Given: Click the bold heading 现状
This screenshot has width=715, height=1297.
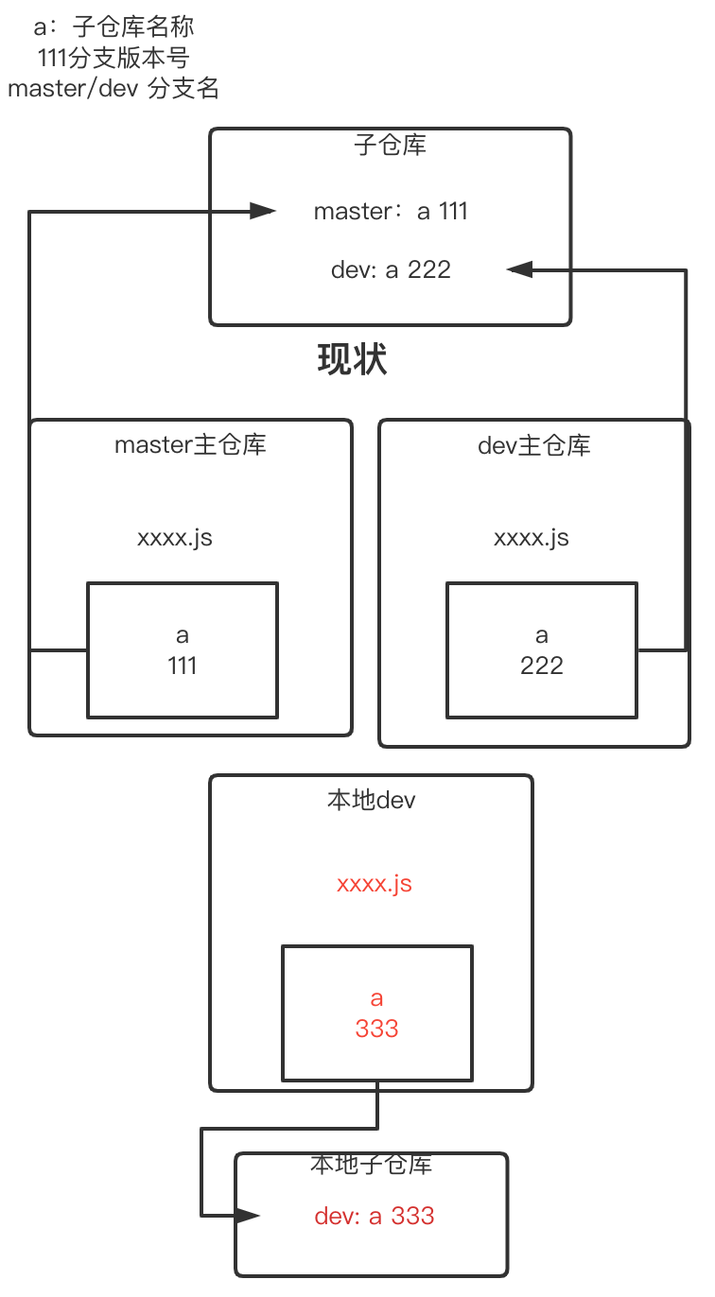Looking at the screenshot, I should pos(352,360).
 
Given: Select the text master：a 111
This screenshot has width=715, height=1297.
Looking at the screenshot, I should pos(391,212).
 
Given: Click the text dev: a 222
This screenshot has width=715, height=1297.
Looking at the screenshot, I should pos(391,270).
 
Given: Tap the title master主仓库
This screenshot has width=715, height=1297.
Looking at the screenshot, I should pos(190,444).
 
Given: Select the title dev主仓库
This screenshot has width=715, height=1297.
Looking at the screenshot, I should pos(534,445).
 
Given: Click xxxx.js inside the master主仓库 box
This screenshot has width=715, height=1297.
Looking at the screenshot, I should pos(175,539).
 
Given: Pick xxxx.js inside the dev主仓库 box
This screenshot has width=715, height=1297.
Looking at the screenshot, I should pos(532,539).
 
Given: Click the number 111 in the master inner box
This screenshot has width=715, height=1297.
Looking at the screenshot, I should pos(183,666).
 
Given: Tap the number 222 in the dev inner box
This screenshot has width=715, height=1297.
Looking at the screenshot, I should pos(542,666).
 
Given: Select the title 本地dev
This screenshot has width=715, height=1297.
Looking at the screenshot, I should pos(372,801).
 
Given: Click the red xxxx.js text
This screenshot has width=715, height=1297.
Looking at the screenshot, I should pos(375,885).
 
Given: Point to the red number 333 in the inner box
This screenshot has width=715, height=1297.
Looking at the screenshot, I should pos(376,1029).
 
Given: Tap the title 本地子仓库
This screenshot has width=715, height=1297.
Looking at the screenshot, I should pos(371,1165).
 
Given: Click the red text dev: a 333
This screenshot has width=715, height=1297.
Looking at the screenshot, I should pos(375,1216).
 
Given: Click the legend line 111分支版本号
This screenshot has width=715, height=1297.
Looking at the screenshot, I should pos(113,58).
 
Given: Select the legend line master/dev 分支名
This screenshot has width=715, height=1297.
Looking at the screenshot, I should pos(113,89).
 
